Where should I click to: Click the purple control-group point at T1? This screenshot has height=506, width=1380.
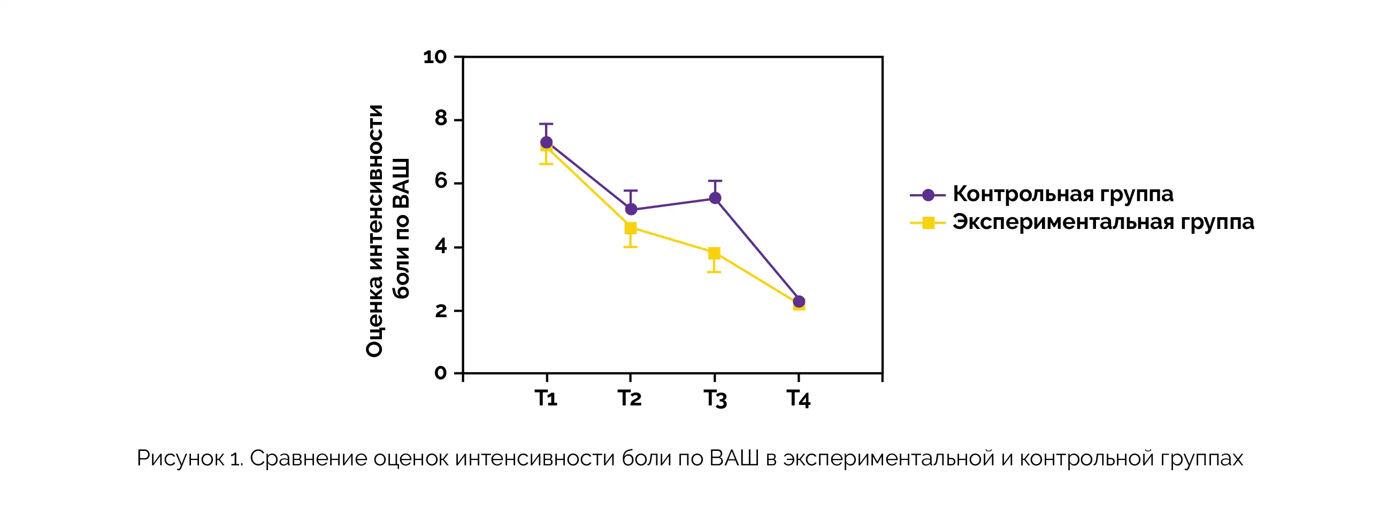coord(546,142)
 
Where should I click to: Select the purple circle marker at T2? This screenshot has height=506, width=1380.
coord(631,209)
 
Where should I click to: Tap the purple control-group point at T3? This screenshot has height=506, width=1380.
coord(715,198)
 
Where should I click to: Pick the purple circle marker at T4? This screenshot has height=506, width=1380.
coord(799,302)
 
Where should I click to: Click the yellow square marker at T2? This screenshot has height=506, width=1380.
coord(631,228)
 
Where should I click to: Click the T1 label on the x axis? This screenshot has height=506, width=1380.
coord(546,398)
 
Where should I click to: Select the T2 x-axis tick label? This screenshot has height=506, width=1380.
coord(630,398)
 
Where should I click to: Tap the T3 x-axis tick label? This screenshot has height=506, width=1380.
coord(715,399)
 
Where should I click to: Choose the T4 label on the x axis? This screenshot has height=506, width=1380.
coord(798,399)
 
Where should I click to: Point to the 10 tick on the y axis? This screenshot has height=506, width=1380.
coord(434,57)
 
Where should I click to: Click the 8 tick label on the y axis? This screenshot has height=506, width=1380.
coord(440,119)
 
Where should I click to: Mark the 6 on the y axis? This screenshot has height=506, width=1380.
coord(440,182)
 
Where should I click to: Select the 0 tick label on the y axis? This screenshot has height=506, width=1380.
coord(440,373)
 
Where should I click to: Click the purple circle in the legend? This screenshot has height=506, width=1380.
coord(929,195)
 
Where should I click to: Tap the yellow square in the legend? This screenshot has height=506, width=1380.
coord(929,223)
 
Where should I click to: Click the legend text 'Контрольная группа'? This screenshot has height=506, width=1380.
coord(1063,194)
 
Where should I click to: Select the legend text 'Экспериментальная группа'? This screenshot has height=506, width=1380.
coord(1103,221)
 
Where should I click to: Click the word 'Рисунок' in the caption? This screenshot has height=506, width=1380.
coord(180,459)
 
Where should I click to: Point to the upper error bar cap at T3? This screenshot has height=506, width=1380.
coord(715,181)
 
